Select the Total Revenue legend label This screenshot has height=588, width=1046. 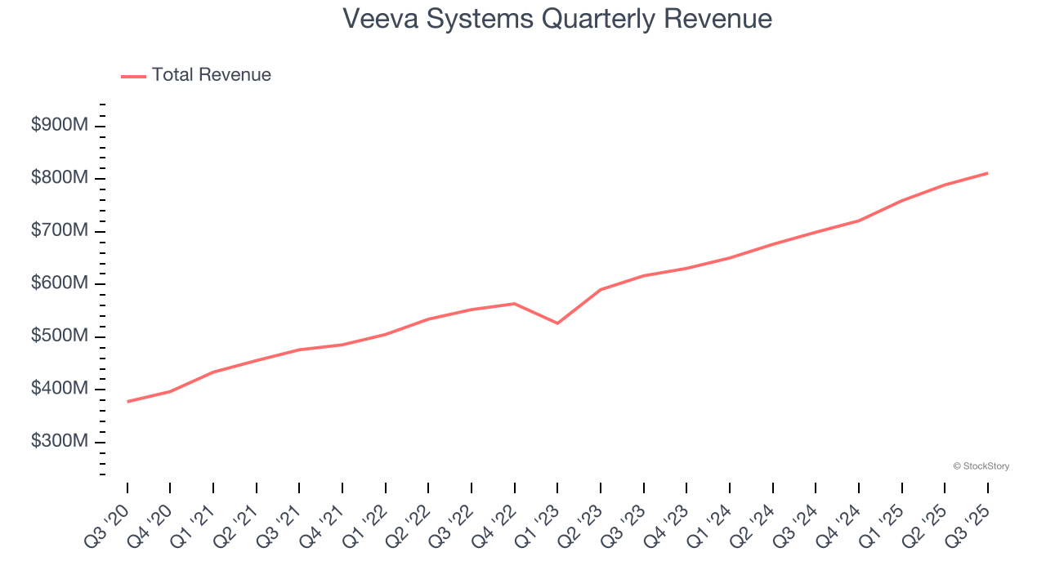(211, 75)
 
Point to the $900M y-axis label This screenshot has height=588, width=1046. (59, 127)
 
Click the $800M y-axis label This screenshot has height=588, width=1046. (59, 179)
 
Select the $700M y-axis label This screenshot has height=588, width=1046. (59, 231)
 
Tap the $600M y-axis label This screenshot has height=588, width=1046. (59, 283)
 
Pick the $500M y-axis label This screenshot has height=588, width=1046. (59, 336)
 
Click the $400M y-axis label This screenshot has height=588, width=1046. (59, 389)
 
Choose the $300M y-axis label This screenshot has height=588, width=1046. (59, 441)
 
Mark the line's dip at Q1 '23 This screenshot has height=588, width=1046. (557, 323)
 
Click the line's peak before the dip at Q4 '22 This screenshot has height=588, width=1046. (514, 304)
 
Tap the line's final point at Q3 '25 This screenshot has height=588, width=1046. (987, 173)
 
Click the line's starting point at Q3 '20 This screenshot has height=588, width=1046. (127, 402)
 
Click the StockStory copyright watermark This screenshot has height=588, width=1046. (981, 466)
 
